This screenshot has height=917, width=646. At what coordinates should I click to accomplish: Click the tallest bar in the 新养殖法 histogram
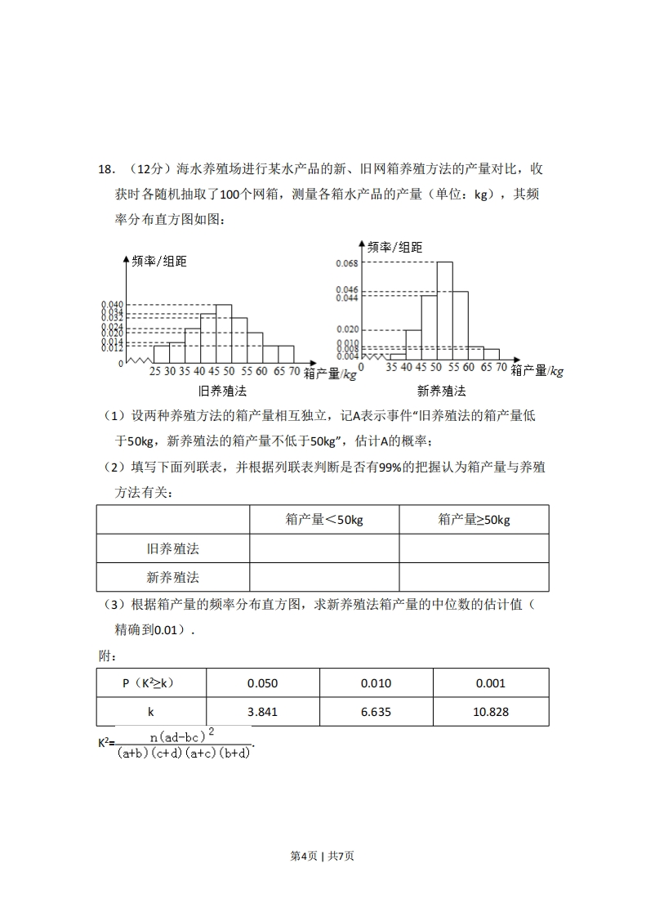pos(444,311)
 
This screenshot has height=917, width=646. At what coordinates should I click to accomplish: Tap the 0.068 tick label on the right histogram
pos(347,263)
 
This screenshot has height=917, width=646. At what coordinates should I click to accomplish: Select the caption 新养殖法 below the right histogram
pos(441,391)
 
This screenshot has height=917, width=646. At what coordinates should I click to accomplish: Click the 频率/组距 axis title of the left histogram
pos(158,262)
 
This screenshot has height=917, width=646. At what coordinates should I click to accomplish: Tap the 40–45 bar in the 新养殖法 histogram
pos(413,344)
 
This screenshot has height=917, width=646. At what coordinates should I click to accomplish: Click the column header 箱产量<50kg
pos(324,520)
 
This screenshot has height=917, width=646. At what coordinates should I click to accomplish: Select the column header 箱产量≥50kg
pos(474,520)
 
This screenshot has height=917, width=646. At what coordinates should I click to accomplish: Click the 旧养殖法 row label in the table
pos(173,548)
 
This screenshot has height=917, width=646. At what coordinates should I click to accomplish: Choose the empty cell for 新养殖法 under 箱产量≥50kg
pos(474,577)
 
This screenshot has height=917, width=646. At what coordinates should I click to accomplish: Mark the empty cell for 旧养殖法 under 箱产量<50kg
pos(324,548)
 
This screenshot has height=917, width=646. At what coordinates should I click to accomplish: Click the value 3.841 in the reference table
pos(262,712)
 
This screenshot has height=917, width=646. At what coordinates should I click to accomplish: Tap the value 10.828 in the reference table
pos(490,712)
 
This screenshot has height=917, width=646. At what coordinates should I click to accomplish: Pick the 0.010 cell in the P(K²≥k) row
pos(376,683)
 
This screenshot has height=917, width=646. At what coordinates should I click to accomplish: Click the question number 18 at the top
pos(105,169)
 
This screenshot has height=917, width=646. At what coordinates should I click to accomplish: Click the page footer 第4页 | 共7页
pos(323,856)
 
